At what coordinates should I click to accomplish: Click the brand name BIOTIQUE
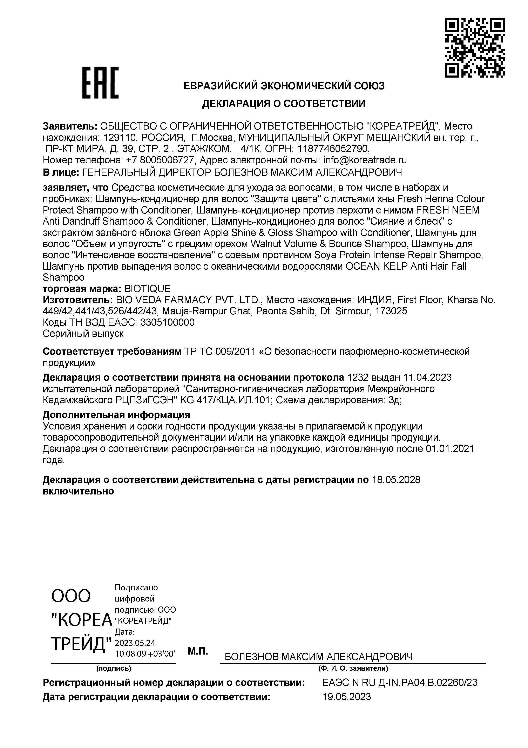148,289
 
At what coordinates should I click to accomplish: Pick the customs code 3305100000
167,322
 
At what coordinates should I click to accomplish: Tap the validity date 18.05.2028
396,480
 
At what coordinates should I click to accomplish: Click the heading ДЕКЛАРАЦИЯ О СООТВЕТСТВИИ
284,104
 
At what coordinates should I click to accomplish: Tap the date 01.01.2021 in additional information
449,449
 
